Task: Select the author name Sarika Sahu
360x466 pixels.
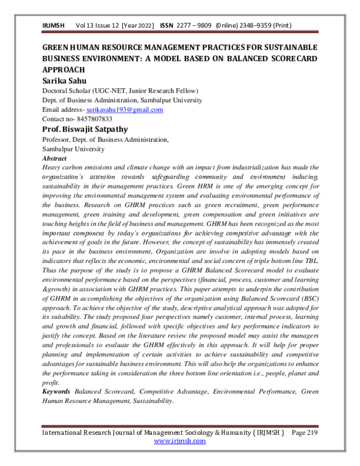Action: click(x=65, y=80)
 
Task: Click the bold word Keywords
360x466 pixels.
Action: click(x=57, y=391)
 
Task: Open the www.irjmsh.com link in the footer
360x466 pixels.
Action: click(x=179, y=440)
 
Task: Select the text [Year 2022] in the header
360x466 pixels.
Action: click(x=138, y=26)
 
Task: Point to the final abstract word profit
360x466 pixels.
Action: click(x=51, y=382)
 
